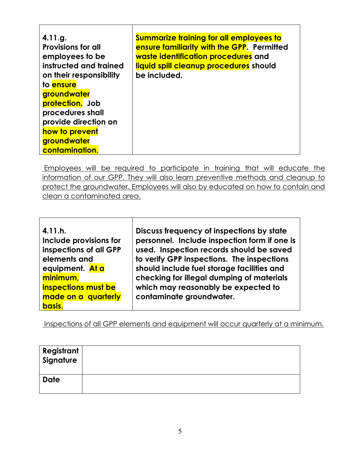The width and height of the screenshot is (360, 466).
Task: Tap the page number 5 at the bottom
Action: (x=180, y=432)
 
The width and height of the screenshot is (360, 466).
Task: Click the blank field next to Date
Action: (x=191, y=384)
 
